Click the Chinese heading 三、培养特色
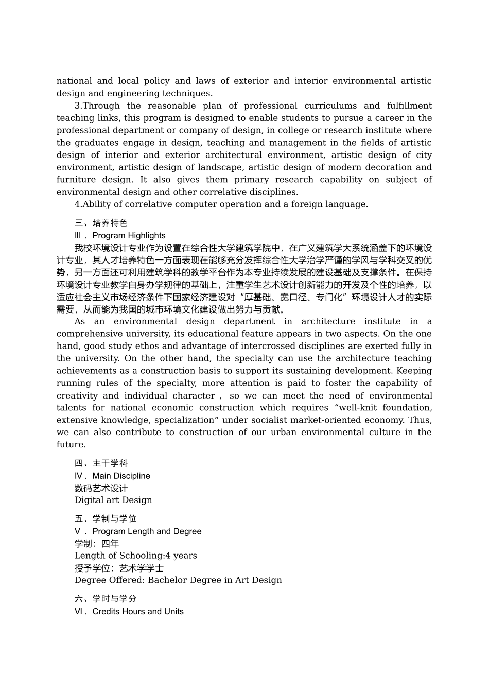tap(100, 223)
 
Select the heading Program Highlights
tap(129, 235)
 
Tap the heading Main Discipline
tap(121, 476)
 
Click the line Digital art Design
tap(113, 500)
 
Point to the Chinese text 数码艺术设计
tap(101, 488)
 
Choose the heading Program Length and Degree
tap(147, 531)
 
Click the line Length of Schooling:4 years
tap(135, 556)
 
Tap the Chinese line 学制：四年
tap(97, 544)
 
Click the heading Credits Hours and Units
tap(137, 611)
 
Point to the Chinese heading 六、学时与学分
tap(106, 599)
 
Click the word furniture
tap(76, 180)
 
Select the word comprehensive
tap(88, 334)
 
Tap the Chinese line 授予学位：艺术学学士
tap(119, 568)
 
